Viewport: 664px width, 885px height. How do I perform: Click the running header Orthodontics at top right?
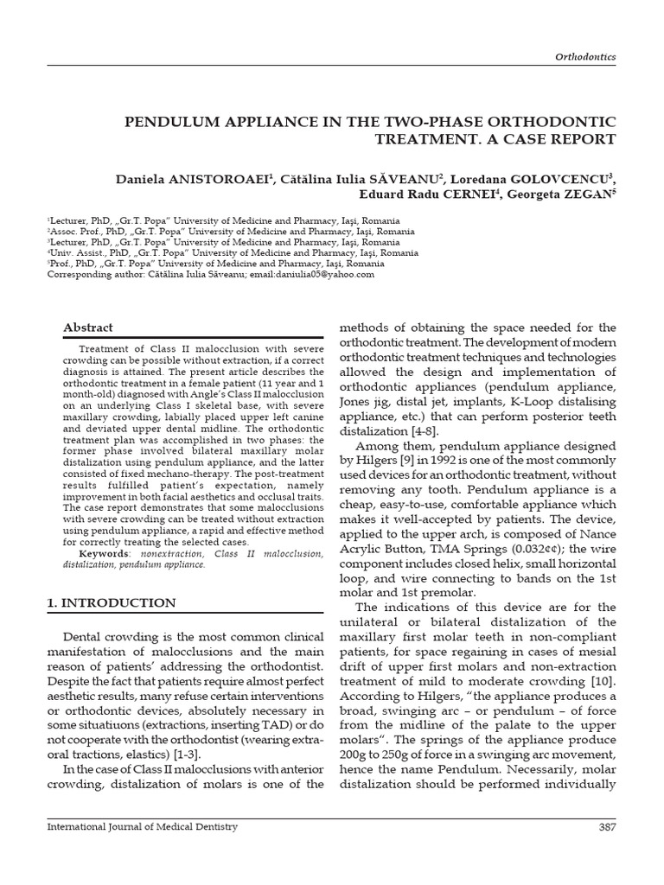coord(585,56)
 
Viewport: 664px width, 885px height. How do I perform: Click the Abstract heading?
coord(88,328)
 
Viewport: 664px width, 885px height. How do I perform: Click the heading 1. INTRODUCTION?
coord(111,602)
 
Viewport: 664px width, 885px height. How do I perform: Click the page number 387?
coord(607,827)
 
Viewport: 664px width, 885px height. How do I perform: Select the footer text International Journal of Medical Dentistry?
coord(142,827)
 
